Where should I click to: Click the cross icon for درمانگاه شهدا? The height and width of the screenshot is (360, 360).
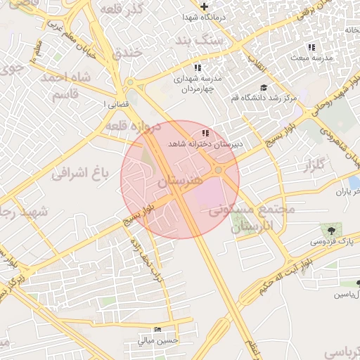coord(204,6)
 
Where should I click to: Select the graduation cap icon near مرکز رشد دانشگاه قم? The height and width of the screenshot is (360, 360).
coord(264,88)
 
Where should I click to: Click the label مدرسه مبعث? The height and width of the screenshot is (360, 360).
coord(309,56)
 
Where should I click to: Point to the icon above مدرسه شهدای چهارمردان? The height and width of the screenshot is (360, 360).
coord(198,67)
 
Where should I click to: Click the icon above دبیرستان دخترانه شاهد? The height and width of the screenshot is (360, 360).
coord(205,133)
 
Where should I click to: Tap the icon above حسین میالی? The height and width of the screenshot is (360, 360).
coord(158,329)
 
